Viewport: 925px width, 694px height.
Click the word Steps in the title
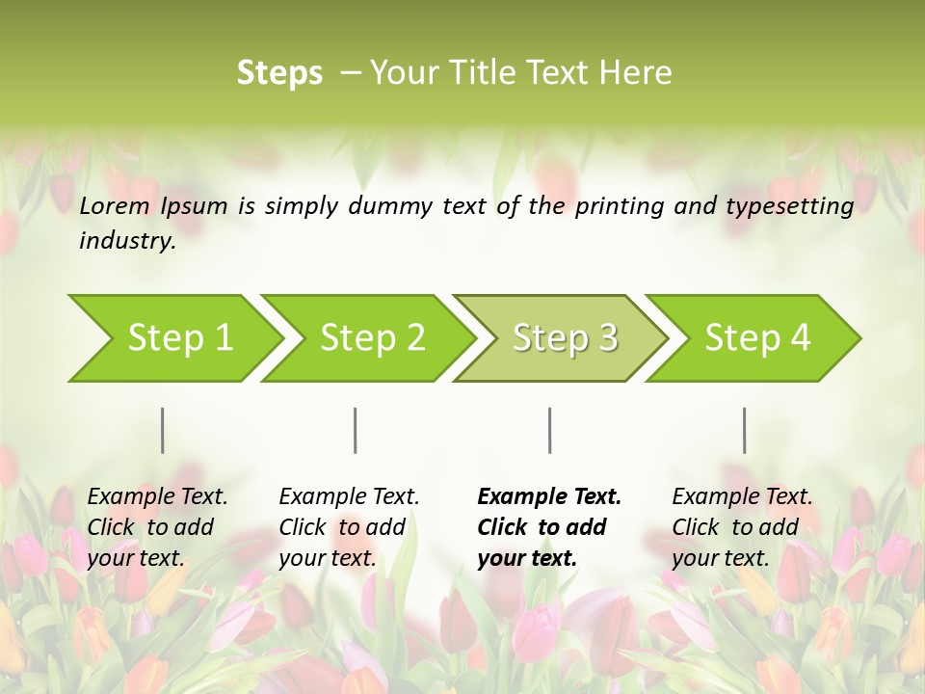[279, 73]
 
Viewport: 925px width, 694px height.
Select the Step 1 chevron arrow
[173, 337]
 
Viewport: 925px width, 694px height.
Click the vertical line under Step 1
[163, 430]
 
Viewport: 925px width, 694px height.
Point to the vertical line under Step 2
[356, 430]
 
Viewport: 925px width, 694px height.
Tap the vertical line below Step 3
[549, 430]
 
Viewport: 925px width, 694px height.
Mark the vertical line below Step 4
[744, 430]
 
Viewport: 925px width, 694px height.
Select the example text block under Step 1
[157, 527]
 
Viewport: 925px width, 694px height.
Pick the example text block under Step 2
[349, 527]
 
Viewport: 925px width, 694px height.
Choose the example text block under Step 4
[742, 527]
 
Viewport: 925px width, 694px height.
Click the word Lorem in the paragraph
[115, 205]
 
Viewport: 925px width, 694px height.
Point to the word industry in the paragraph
[127, 241]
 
